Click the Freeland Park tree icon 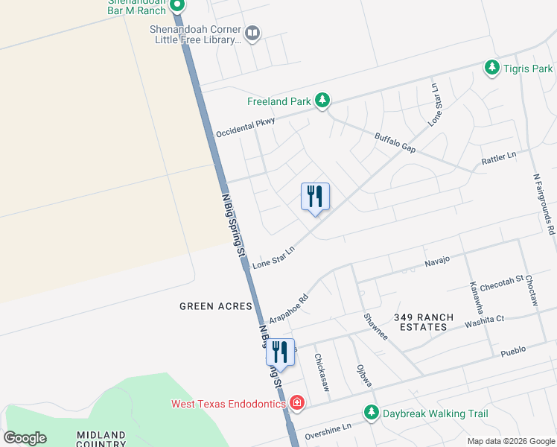(322, 101)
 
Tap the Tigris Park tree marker (491, 69)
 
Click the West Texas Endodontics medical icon (297, 403)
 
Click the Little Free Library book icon (252, 33)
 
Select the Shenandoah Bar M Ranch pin (177, 7)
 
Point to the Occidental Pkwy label (246, 127)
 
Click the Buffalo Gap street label (395, 142)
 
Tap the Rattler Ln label (499, 158)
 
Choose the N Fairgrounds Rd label (544, 205)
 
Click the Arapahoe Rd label (289, 302)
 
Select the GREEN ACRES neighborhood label (215, 306)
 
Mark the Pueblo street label (513, 349)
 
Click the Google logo (25, 437)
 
